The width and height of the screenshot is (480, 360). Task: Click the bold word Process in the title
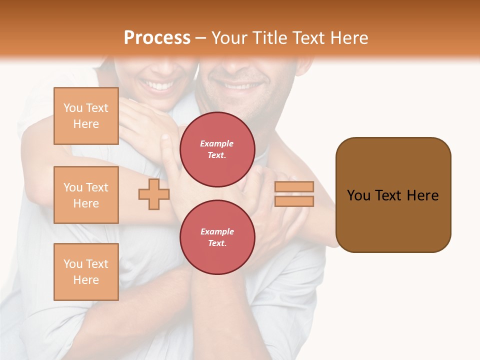coord(157,38)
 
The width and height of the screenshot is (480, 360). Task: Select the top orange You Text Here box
coord(86,116)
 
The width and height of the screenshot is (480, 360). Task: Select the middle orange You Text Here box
coord(86,195)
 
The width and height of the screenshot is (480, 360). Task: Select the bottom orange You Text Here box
coord(86,271)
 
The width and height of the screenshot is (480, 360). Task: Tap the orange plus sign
coord(153,194)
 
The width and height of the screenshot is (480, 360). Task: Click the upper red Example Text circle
coord(217,149)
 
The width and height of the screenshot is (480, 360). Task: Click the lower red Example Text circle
coord(217,237)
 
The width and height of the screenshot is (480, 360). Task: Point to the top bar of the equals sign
coord(294,187)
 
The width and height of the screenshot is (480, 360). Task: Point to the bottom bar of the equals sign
coord(294,201)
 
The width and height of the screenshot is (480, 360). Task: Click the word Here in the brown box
coord(422,195)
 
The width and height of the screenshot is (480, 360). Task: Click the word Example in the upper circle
coord(217,143)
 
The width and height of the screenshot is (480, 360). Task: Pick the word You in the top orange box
coord(73,108)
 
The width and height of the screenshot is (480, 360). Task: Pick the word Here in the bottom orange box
coord(86,280)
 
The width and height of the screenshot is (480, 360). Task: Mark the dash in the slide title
coord(200,38)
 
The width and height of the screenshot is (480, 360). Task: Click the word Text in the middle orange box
coord(96,187)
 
